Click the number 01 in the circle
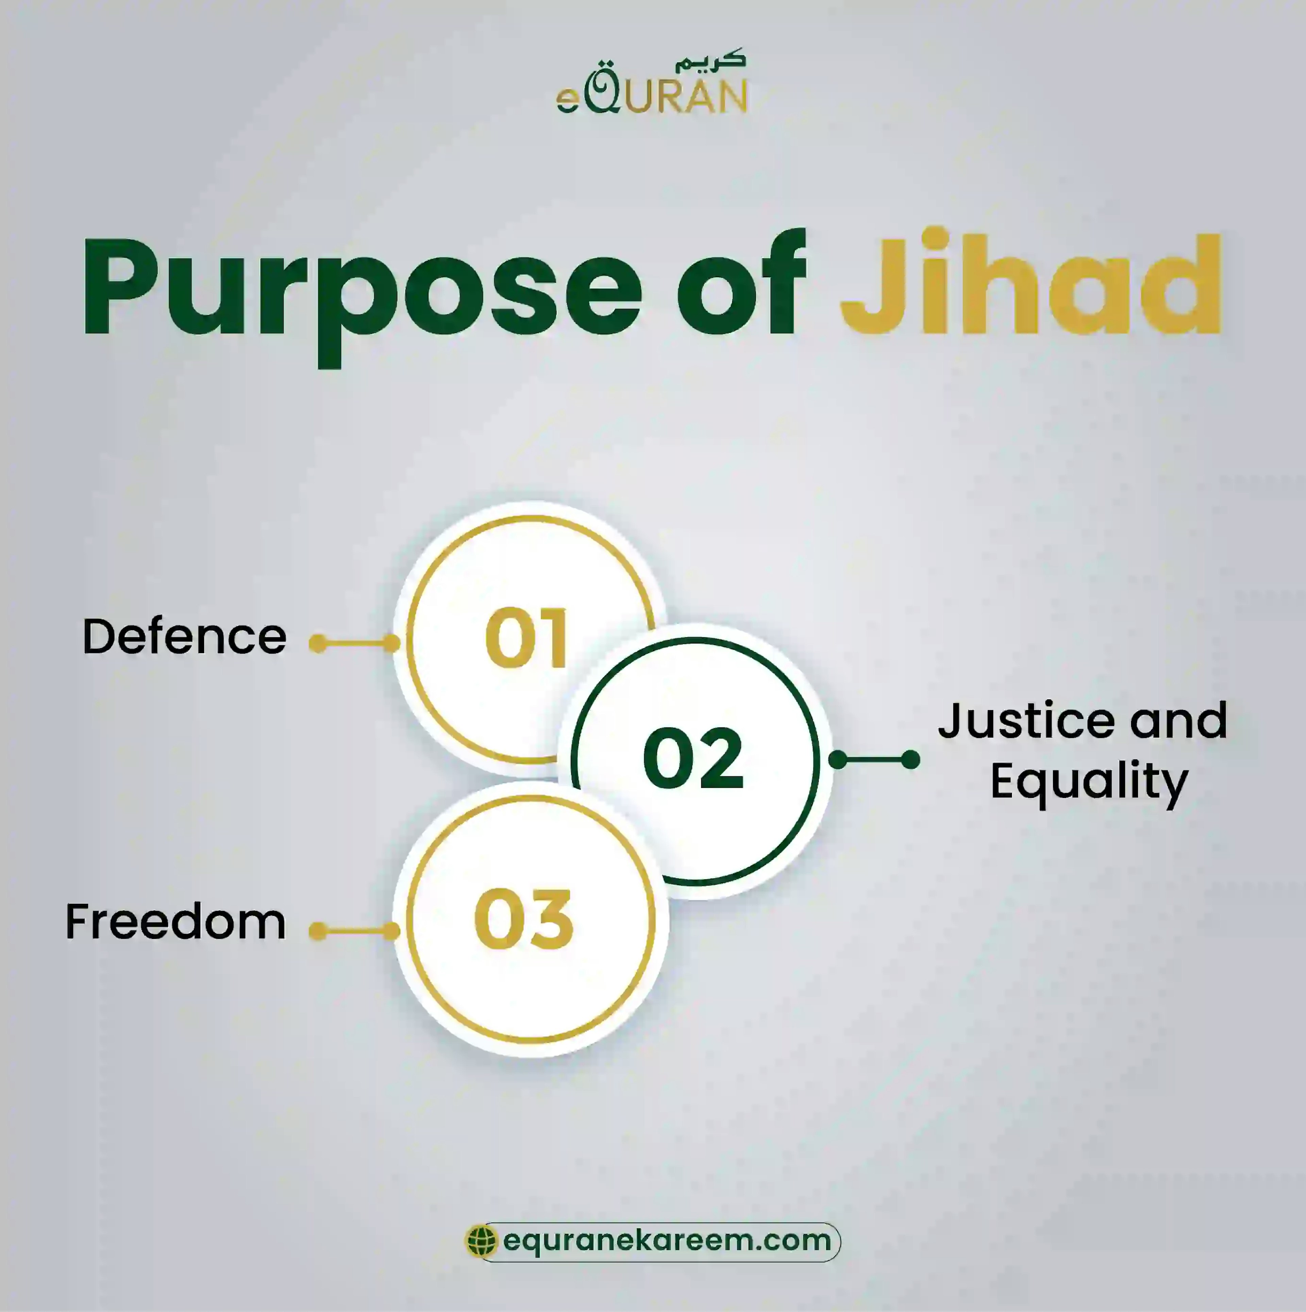point(526,638)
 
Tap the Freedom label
point(175,922)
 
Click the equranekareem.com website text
point(667,1241)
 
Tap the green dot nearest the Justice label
point(910,760)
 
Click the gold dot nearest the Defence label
point(317,643)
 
